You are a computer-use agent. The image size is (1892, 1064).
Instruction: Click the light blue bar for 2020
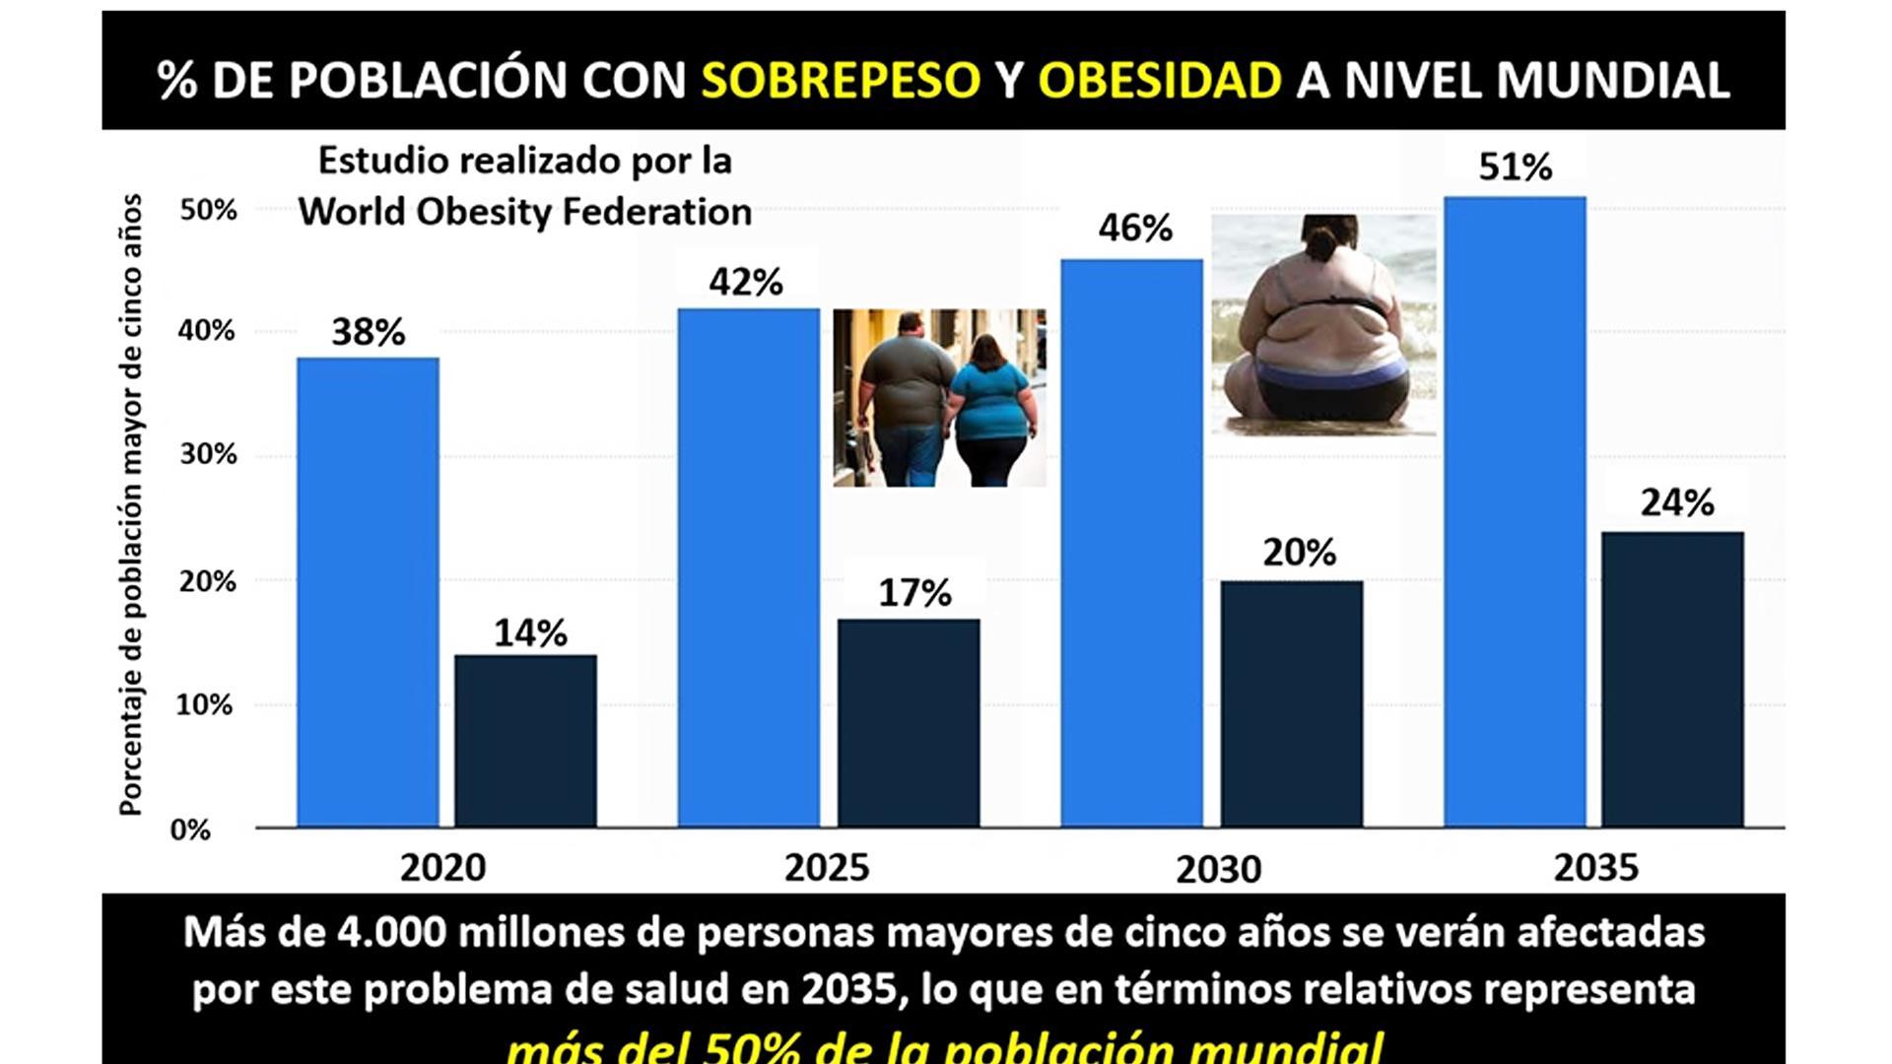368,591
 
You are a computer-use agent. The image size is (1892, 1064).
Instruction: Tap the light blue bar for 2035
1515,511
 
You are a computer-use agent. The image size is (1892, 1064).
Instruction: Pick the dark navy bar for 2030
1292,703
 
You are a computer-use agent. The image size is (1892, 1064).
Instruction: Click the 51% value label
1515,167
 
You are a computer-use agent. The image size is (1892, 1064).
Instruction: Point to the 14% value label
530,633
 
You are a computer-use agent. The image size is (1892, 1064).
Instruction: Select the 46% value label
1135,229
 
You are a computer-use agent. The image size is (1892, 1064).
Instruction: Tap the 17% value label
914,593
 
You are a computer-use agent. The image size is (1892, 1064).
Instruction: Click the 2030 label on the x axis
1218,870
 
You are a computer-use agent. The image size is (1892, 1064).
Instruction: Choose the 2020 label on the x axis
442,868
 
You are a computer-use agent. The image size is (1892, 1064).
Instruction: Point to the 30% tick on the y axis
208,455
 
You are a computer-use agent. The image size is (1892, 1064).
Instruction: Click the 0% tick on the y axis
190,830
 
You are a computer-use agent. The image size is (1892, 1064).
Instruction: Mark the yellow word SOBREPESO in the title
841,80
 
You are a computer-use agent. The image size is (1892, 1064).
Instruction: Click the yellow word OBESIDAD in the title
1160,80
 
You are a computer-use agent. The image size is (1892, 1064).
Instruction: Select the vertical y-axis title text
131,504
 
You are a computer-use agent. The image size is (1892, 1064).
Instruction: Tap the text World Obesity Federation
525,212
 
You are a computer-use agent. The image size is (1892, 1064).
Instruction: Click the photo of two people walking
939,397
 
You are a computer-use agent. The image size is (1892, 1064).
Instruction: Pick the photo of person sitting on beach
1323,325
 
